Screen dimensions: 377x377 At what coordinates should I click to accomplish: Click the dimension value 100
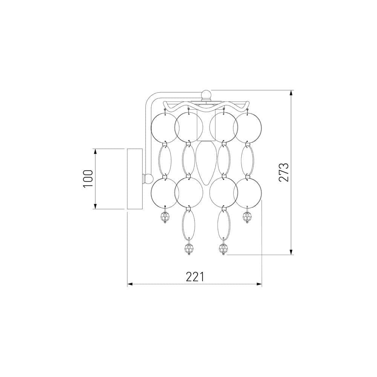[87, 179]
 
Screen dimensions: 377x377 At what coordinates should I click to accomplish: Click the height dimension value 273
[284, 172]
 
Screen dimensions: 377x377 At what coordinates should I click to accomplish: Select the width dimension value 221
[195, 277]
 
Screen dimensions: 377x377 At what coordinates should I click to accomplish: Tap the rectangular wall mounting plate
[135, 179]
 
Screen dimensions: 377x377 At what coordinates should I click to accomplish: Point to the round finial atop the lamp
[206, 94]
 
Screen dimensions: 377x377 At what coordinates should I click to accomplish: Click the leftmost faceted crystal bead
[165, 217]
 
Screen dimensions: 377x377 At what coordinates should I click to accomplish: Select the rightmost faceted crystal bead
[247, 217]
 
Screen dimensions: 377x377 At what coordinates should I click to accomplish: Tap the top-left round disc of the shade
[164, 127]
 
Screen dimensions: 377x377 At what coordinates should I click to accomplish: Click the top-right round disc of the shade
[247, 127]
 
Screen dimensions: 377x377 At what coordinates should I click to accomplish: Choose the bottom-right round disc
[247, 193]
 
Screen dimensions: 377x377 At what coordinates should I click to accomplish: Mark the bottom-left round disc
[164, 193]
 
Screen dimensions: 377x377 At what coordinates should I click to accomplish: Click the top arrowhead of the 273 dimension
[291, 93]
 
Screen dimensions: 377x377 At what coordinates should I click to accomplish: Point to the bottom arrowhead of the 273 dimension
[291, 252]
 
